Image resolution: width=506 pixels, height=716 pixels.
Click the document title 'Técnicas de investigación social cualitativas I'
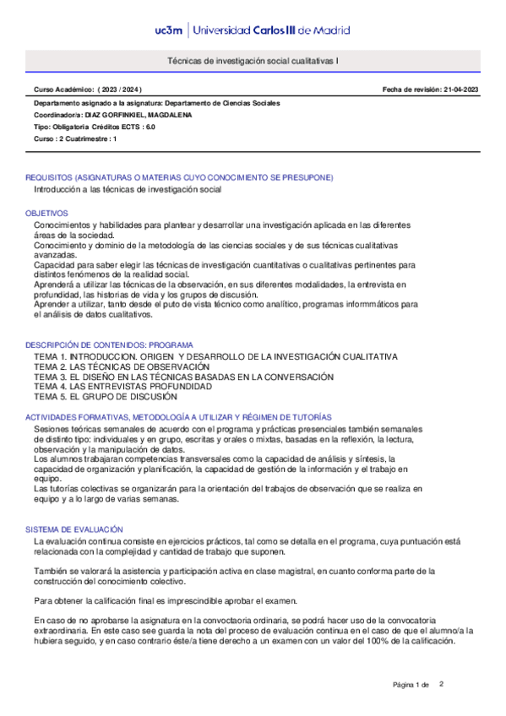point(253,62)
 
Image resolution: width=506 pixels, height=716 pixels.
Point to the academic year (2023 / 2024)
point(120,89)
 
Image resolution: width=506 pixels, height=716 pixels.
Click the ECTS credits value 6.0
point(150,127)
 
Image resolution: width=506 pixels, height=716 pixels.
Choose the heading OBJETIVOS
point(46,214)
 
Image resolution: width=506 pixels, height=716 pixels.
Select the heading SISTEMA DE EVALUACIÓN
point(69,529)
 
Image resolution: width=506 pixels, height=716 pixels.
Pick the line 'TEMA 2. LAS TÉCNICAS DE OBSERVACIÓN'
point(122,367)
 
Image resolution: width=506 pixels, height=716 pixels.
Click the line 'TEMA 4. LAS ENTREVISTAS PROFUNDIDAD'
point(123,387)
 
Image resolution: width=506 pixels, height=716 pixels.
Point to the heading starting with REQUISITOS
point(179,177)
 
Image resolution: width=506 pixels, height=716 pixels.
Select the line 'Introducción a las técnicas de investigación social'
point(127,190)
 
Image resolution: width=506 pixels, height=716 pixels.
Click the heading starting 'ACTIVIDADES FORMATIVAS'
point(178,417)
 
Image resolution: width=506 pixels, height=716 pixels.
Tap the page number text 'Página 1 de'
point(411,685)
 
